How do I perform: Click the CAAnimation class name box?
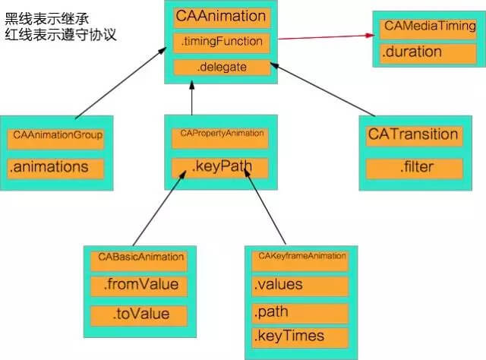click(220, 16)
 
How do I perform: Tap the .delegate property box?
click(220, 68)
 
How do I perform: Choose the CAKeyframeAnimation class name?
click(300, 257)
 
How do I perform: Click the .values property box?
click(300, 286)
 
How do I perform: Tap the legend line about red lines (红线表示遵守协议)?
click(61, 35)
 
